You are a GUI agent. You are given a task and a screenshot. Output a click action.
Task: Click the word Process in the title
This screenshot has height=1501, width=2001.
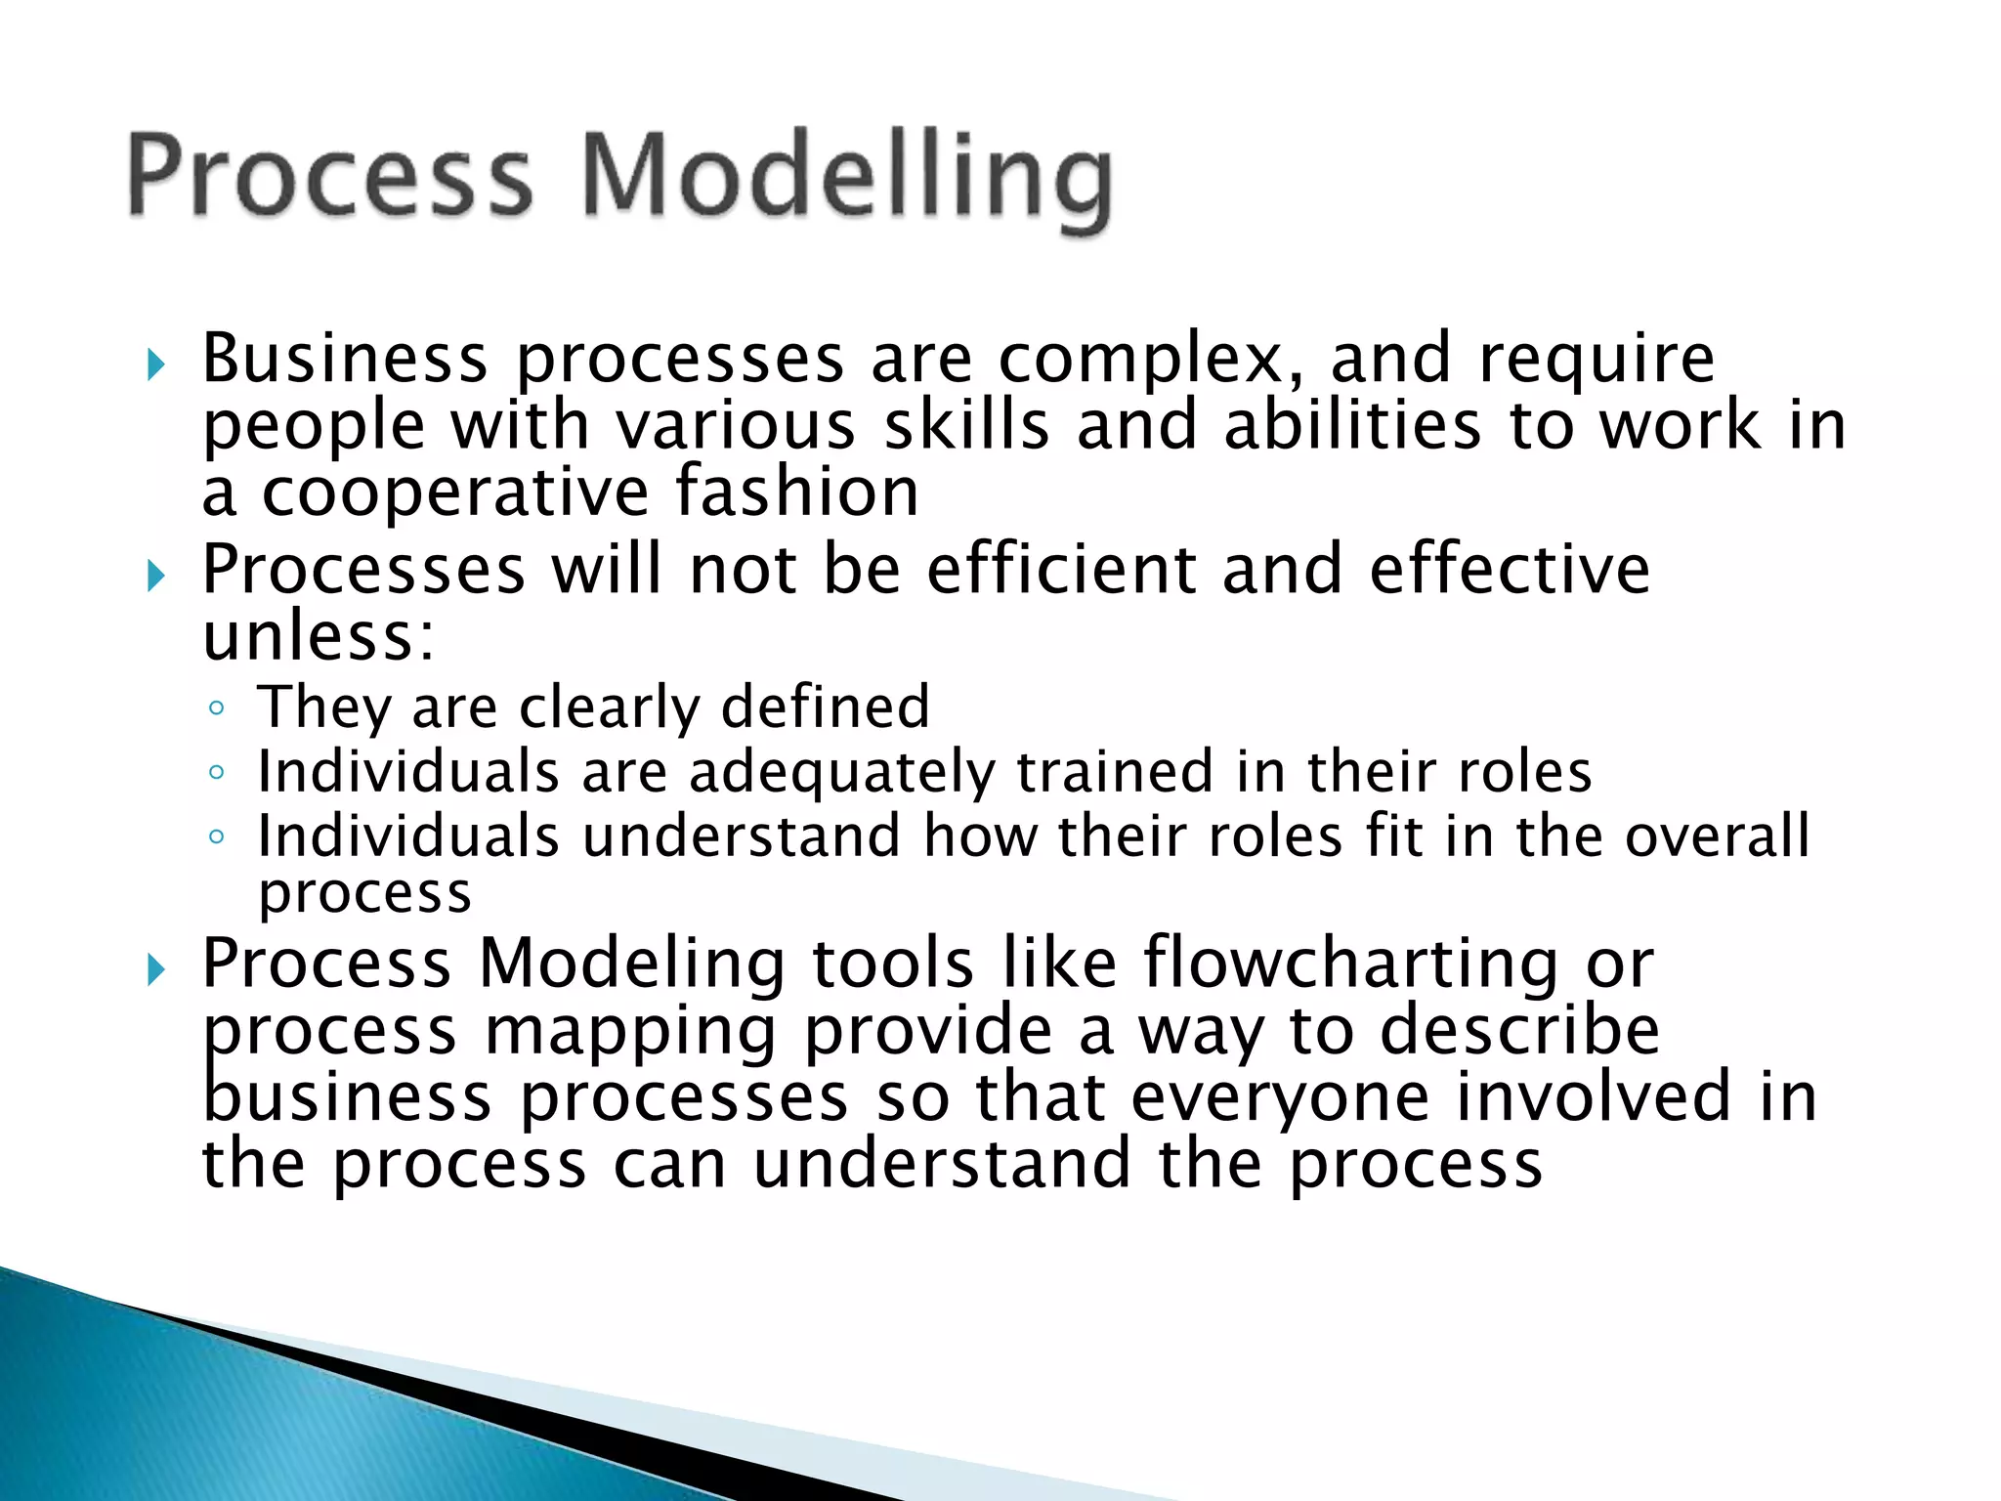(330, 176)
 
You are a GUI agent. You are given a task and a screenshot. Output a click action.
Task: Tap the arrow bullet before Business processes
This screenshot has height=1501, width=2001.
(155, 365)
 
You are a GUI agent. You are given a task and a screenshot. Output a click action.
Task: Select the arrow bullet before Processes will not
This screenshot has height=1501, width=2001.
(155, 576)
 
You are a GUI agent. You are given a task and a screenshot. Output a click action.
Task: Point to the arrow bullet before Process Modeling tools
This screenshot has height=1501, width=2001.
(155, 970)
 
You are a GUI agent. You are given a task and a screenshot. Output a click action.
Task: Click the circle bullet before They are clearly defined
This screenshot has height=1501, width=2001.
(217, 708)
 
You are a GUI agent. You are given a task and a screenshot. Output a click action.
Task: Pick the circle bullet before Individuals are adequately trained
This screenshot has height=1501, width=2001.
(217, 772)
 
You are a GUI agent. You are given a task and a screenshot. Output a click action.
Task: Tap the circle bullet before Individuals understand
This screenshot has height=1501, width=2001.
(217, 836)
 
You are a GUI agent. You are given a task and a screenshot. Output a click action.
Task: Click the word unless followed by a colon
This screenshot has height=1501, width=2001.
(318, 637)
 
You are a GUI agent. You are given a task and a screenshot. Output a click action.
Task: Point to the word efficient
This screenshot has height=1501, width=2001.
(1061, 570)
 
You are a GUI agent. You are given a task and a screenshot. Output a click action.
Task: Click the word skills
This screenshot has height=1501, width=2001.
(966, 426)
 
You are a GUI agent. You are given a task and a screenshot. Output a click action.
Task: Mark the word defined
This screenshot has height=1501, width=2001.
(825, 708)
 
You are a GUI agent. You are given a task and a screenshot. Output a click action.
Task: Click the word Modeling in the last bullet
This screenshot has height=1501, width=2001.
(631, 965)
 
